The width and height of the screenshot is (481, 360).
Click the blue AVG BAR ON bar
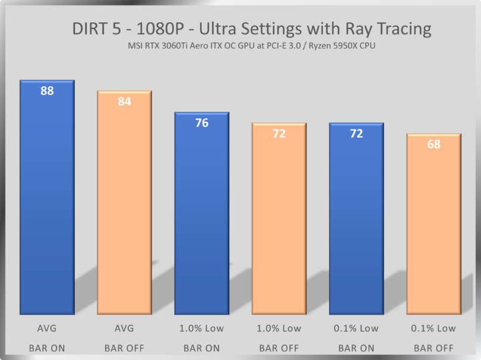coord(47,202)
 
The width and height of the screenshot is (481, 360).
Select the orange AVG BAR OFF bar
coord(124,208)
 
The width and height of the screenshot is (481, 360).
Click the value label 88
coord(47,91)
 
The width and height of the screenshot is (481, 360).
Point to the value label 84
coord(124,102)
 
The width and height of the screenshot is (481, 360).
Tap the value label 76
coord(201,123)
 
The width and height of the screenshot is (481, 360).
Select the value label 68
coord(433,144)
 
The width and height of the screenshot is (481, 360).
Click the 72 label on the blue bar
coord(356,134)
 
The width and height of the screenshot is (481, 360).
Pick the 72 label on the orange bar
coord(279,134)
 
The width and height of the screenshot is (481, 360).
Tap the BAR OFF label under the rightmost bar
coord(433,348)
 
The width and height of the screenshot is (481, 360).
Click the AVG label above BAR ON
coord(47,328)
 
